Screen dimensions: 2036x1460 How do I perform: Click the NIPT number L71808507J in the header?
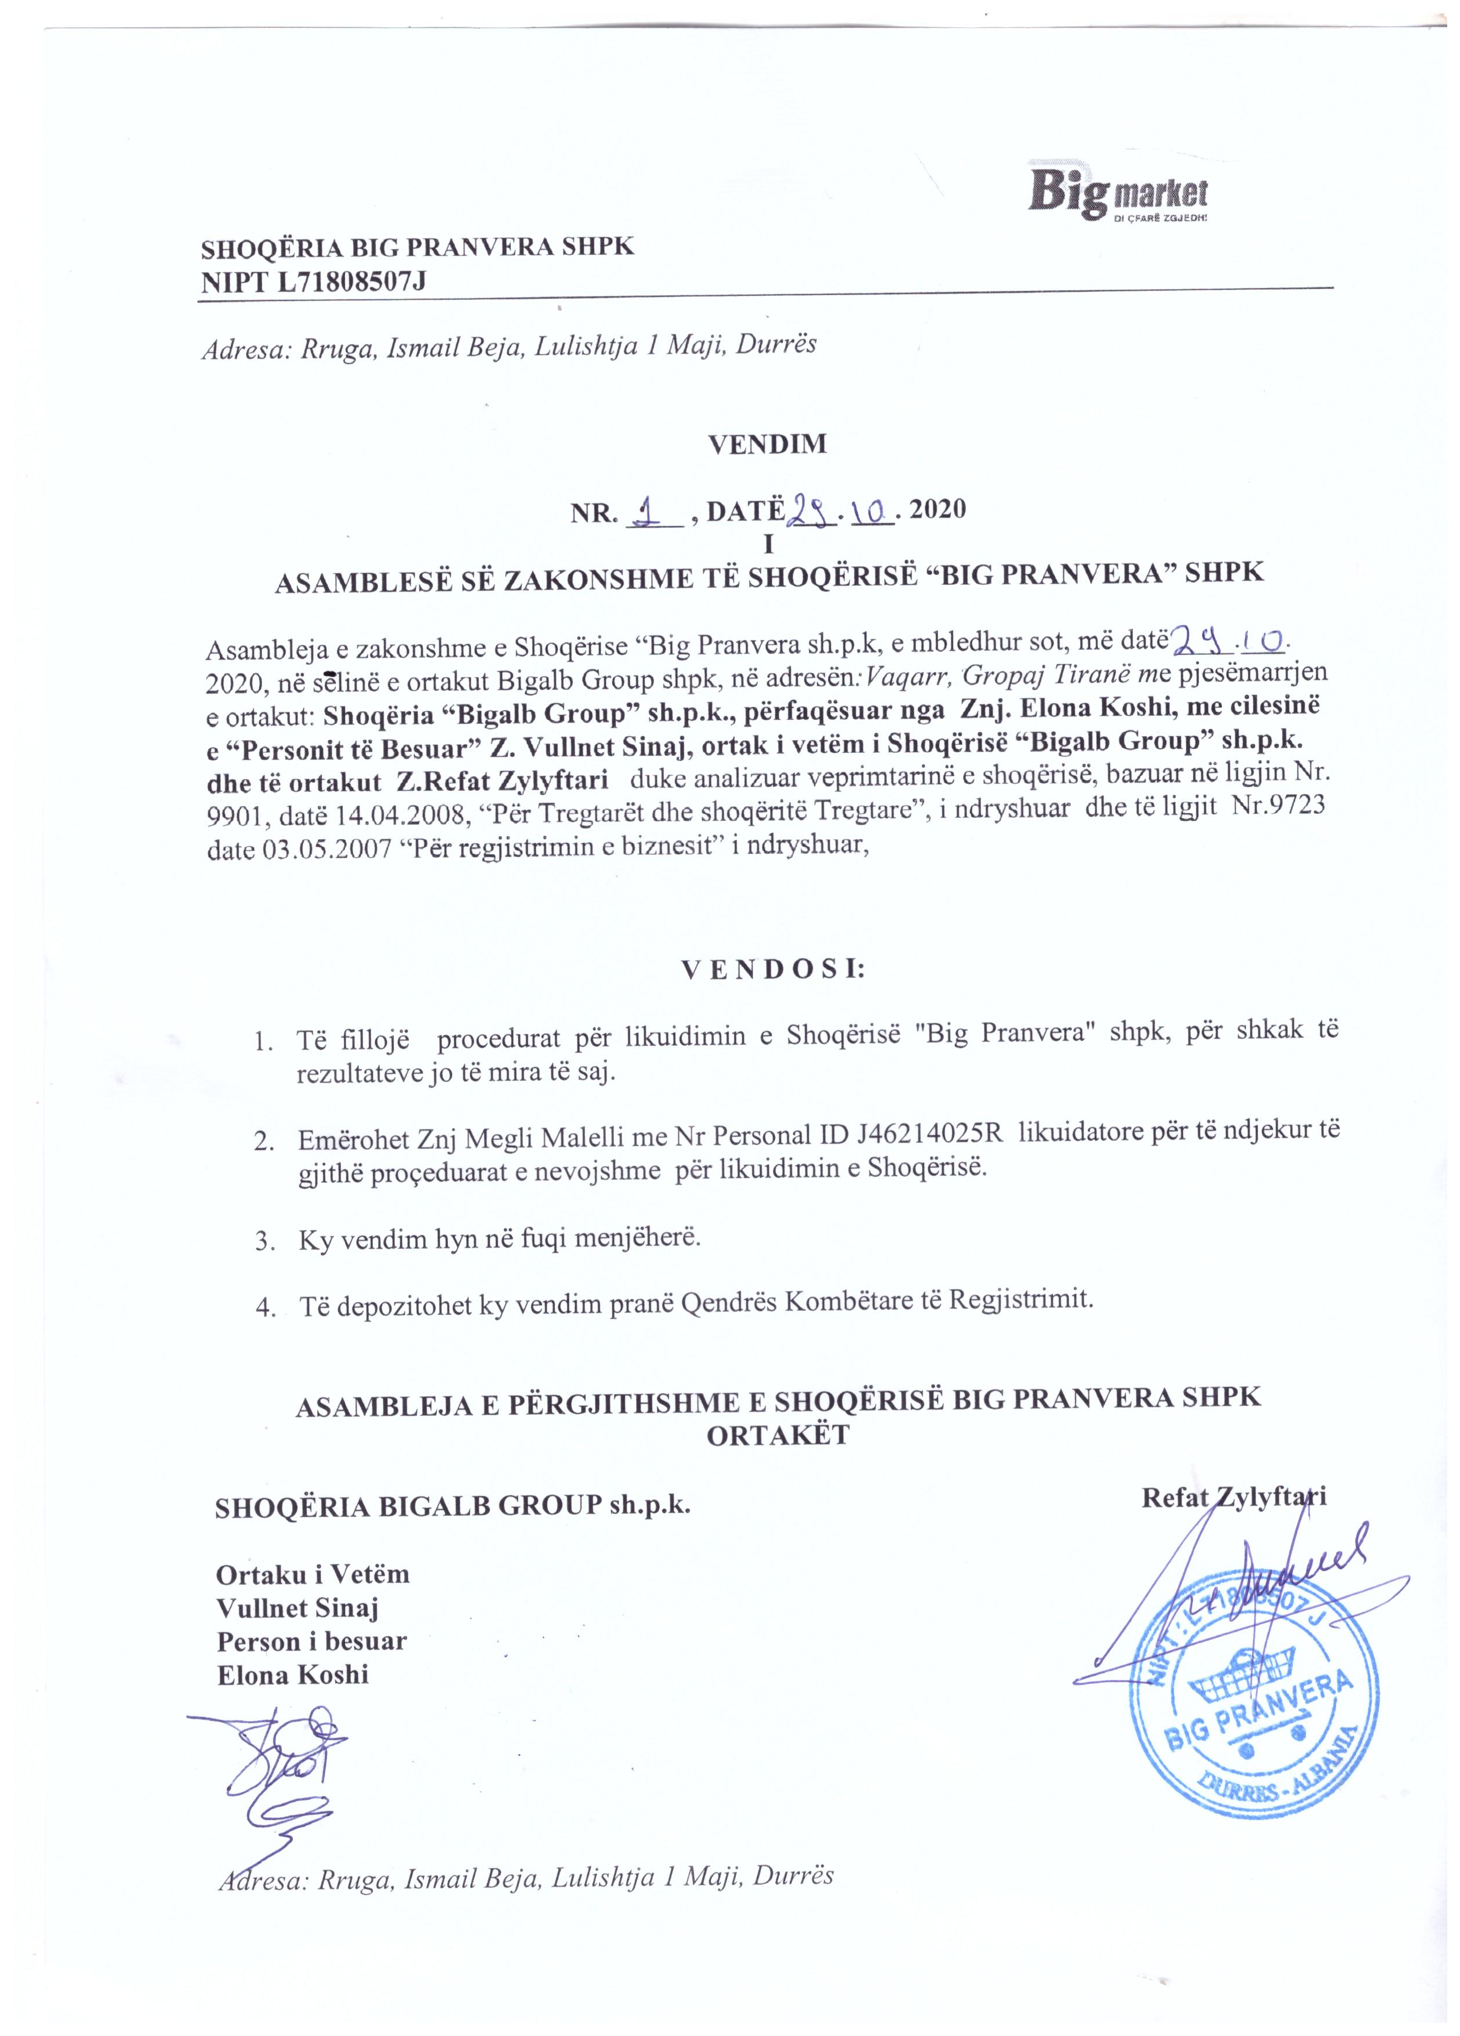(351, 282)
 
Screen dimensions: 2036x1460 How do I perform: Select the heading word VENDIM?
(767, 444)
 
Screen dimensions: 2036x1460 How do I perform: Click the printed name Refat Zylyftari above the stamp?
(1233, 1497)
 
